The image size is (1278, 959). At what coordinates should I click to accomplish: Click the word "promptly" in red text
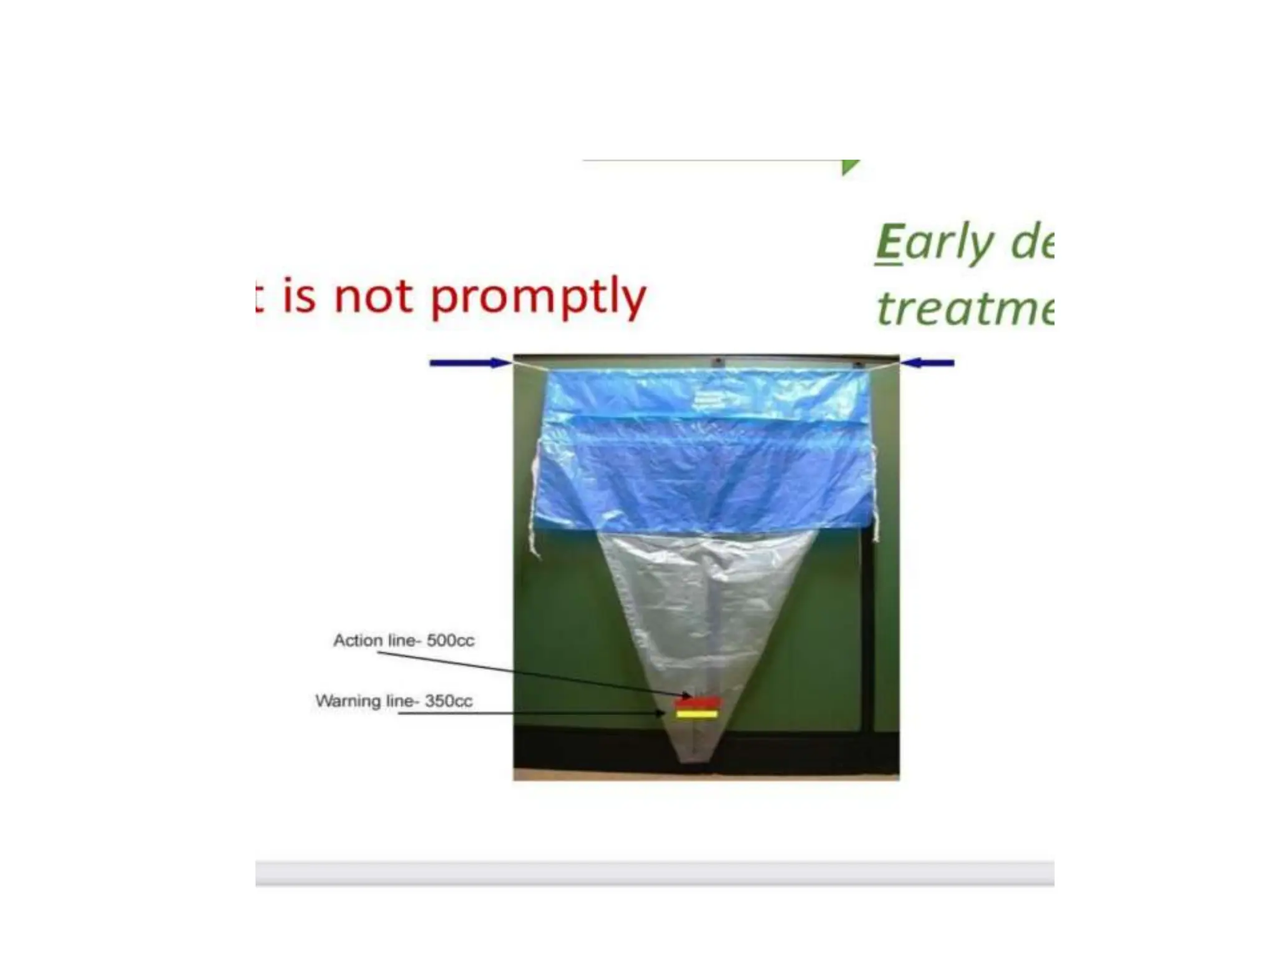539,298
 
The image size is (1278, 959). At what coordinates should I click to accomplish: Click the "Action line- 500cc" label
403,640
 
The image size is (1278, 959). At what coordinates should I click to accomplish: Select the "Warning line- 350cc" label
393,701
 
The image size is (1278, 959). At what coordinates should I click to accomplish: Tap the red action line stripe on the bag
698,702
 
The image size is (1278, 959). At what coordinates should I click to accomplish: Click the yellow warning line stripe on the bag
697,714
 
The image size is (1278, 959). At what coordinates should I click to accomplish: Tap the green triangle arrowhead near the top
849,167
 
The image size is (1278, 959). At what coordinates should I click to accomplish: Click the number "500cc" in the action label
451,640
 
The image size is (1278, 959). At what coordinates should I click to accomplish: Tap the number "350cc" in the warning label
449,701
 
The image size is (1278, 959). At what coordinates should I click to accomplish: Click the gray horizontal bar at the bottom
654,872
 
